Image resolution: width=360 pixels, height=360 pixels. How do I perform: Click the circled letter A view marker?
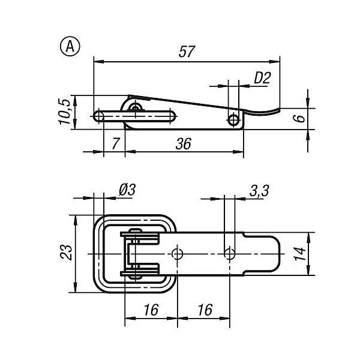(x=70, y=47)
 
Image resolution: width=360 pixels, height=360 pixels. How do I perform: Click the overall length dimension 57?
(x=187, y=52)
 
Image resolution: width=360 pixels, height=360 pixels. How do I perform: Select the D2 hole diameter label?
(x=262, y=78)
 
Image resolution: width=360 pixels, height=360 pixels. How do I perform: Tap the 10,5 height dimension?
(x=65, y=112)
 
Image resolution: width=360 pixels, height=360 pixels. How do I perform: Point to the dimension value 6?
(x=299, y=118)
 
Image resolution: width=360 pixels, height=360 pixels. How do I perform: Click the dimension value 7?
(x=116, y=143)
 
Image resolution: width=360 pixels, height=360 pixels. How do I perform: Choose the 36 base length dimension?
(x=184, y=144)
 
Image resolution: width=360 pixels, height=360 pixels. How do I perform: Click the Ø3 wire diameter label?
(x=127, y=190)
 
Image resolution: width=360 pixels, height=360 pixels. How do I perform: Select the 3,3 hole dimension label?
(x=259, y=191)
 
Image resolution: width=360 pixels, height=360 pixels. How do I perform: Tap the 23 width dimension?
(x=66, y=253)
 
